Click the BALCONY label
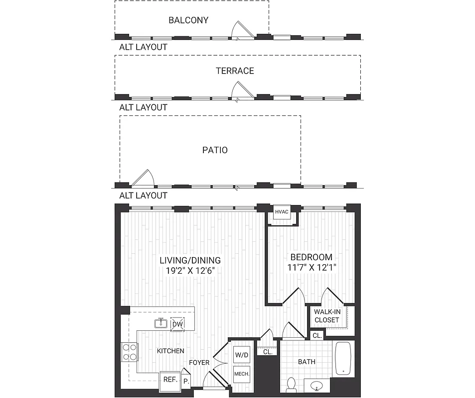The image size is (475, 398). [188, 20]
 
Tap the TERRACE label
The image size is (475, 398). [235, 71]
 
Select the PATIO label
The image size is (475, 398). [215, 150]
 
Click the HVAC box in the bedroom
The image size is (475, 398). [282, 212]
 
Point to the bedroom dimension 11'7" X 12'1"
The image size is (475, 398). [312, 268]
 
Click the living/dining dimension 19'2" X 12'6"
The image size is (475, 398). [190, 271]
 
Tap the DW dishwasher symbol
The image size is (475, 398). [177, 325]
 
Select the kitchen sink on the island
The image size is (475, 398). [161, 324]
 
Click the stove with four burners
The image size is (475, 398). [129, 352]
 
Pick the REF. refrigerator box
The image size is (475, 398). [169, 379]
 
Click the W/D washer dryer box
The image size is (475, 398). [241, 356]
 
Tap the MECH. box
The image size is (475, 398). [241, 374]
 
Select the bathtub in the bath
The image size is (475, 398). [343, 358]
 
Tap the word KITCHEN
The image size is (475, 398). [170, 351]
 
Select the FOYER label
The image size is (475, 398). [199, 363]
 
